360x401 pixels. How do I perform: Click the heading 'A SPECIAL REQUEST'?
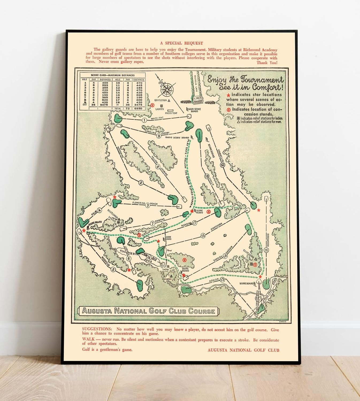tap(181, 43)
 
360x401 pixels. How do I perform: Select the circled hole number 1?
tap(144, 120)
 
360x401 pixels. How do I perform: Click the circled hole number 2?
tap(141, 183)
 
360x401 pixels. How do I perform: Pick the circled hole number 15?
tap(203, 236)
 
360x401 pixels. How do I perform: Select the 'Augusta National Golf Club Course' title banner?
tap(148, 311)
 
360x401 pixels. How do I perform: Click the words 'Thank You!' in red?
tap(267, 63)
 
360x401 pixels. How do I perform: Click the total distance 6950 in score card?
tap(139, 109)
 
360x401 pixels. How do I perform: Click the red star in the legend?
tap(228, 95)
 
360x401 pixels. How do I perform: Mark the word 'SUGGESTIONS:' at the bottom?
tap(97, 329)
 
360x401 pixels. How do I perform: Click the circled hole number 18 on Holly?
tap(206, 176)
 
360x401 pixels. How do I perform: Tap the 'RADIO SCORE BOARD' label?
tap(177, 138)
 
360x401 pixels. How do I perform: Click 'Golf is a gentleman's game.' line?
tap(107, 349)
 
